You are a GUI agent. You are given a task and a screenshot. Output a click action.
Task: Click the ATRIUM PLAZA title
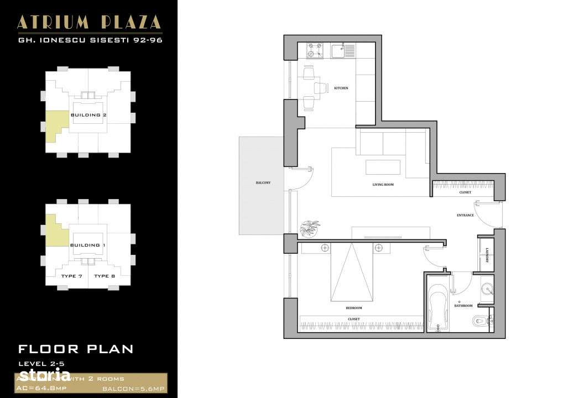(89, 22)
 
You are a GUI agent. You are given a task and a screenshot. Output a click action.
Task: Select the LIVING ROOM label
(383, 185)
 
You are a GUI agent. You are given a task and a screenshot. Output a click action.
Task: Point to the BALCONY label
(263, 183)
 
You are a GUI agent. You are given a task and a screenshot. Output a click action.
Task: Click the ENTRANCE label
(465, 215)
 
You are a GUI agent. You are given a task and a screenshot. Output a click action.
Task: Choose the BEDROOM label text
(353, 308)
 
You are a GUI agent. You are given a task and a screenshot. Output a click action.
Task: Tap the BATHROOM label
(463, 306)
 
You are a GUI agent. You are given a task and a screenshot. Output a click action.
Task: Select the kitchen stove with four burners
(315, 51)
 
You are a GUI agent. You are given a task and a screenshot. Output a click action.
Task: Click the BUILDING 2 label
(88, 115)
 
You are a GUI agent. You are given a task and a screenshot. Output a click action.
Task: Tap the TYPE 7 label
(72, 276)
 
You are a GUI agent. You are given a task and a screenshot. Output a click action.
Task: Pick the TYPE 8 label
(105, 276)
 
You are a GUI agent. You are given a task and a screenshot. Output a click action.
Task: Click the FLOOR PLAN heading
(76, 349)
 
